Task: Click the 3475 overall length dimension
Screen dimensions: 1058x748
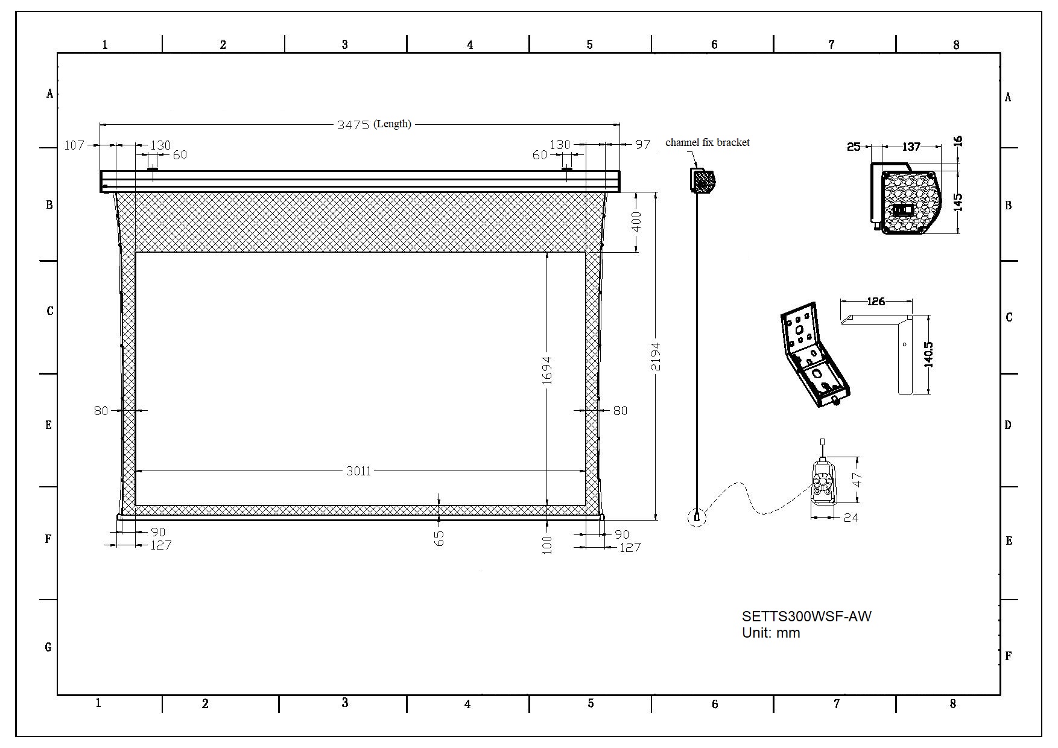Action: pos(353,125)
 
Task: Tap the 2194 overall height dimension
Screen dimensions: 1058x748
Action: pos(656,357)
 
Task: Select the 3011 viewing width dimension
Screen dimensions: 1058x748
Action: pos(358,471)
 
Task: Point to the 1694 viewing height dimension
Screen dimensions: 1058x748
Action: pos(547,371)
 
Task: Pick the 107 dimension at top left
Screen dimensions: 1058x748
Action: pos(74,145)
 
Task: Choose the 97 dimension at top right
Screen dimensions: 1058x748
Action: pos(643,144)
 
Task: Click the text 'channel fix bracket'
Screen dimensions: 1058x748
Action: pos(708,142)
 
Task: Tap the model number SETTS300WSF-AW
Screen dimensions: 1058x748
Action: pos(806,616)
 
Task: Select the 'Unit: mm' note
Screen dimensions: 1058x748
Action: pos(771,633)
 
